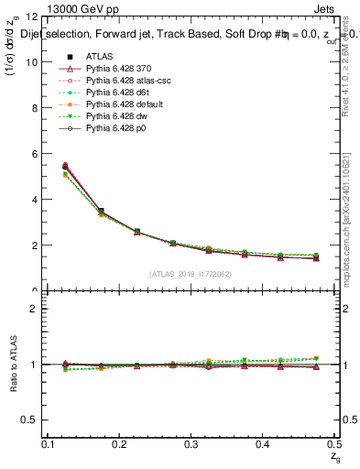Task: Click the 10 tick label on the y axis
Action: click(x=35, y=62)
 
